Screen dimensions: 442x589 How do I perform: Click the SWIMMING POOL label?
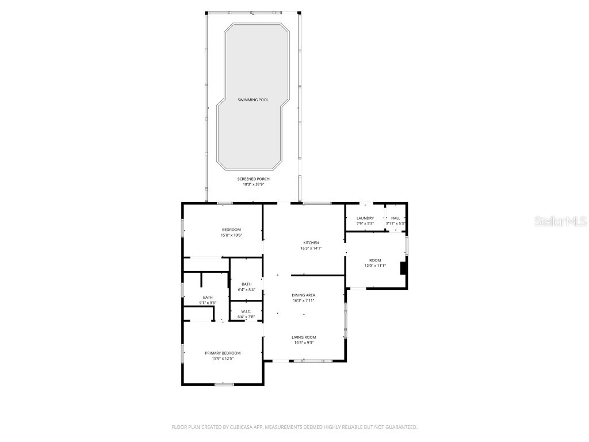[x=253, y=100]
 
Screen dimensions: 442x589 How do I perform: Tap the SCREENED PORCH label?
[x=253, y=179]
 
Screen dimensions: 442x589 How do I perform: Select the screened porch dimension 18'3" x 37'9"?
[x=253, y=185]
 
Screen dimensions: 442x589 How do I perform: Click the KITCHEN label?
[x=311, y=243]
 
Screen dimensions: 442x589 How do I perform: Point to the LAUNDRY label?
[x=365, y=218]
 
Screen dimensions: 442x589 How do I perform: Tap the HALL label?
[x=396, y=218]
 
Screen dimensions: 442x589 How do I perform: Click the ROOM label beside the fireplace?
[x=375, y=260]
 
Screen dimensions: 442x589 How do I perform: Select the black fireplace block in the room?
[x=404, y=268]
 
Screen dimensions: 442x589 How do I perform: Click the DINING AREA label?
[x=303, y=295]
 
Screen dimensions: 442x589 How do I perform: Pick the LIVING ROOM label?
[x=303, y=337]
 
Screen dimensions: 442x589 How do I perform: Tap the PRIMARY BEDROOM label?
[x=223, y=353]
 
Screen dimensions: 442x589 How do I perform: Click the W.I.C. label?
[x=246, y=311]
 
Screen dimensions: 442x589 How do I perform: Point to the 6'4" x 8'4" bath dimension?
[x=246, y=289]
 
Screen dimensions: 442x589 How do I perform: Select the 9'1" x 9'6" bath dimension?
[x=208, y=303]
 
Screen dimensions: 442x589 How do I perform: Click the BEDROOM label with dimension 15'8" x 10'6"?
[x=231, y=230]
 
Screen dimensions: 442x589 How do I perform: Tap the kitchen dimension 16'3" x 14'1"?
[x=311, y=249]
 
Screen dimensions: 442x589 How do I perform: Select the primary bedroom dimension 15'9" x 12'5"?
[x=223, y=359]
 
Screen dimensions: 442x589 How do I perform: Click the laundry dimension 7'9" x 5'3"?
[x=365, y=223]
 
